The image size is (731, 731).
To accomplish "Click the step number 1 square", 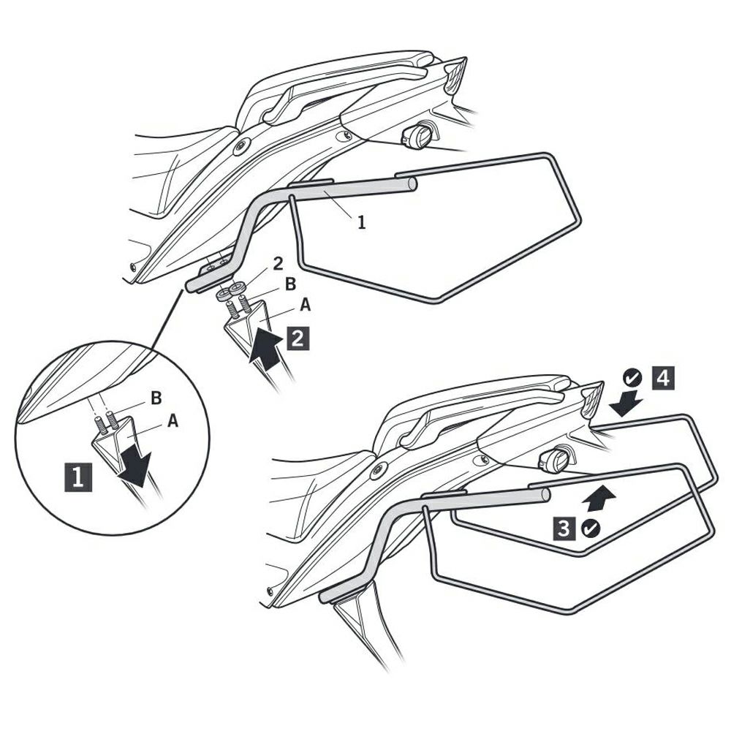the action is click(78, 477).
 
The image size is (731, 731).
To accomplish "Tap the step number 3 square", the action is click(564, 529).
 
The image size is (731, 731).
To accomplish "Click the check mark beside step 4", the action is click(632, 379).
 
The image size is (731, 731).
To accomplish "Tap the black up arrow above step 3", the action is click(599, 497).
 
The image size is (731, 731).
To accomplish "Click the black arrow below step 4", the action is click(626, 404).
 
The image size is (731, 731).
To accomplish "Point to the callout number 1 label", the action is click(361, 223).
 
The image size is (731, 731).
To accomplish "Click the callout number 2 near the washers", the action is click(278, 264).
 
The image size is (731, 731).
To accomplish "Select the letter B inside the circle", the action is click(156, 398).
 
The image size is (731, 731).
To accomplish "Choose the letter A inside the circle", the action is click(173, 421).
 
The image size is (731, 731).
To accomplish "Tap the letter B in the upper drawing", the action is click(290, 284).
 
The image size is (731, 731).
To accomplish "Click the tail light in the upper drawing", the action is click(455, 74).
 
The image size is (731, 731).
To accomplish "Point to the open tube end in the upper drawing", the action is click(411, 183).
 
